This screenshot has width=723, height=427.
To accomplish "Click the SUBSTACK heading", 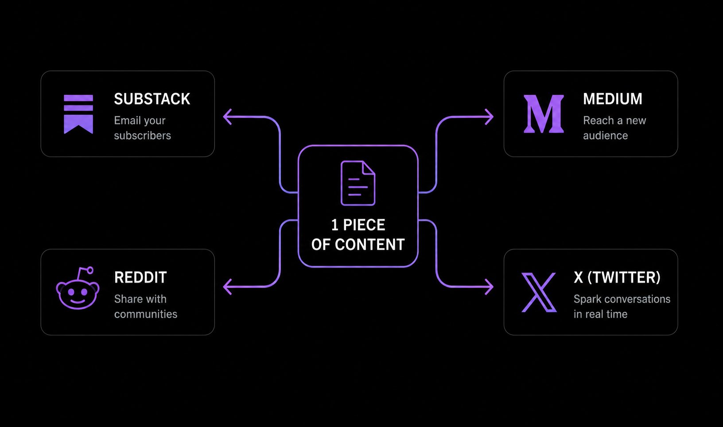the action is coord(152,99).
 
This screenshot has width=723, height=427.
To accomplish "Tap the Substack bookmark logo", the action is coord(78,114).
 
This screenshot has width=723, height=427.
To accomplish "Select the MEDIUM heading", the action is coord(613,99).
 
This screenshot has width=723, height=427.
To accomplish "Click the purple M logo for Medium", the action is coord(544,114).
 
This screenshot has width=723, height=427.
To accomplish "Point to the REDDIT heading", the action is coord(140,278).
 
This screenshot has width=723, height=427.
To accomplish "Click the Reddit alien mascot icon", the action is coord(78,288).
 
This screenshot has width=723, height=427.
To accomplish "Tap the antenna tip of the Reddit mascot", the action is coord(90,270).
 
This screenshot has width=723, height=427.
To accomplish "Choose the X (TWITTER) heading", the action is coord(617,278).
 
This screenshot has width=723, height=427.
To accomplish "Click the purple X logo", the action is coord(539,292).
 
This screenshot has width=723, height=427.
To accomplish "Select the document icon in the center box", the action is coord(358,183).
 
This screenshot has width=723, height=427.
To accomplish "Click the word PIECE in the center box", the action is coord(364,225).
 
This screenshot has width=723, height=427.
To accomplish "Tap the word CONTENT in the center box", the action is coord(370,245).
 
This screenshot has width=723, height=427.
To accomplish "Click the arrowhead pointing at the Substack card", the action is coord(227,117).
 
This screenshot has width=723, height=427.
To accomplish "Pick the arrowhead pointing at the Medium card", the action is coord(490,117).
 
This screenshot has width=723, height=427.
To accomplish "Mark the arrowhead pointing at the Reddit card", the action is coord(227,287).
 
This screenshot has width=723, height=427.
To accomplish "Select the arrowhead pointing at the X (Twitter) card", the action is coord(490,287).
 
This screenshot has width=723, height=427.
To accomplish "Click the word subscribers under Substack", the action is coord(142,136).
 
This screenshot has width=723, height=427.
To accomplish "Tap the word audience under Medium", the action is coord(606,136).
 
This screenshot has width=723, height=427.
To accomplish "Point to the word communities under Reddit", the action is coord(146,314).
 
